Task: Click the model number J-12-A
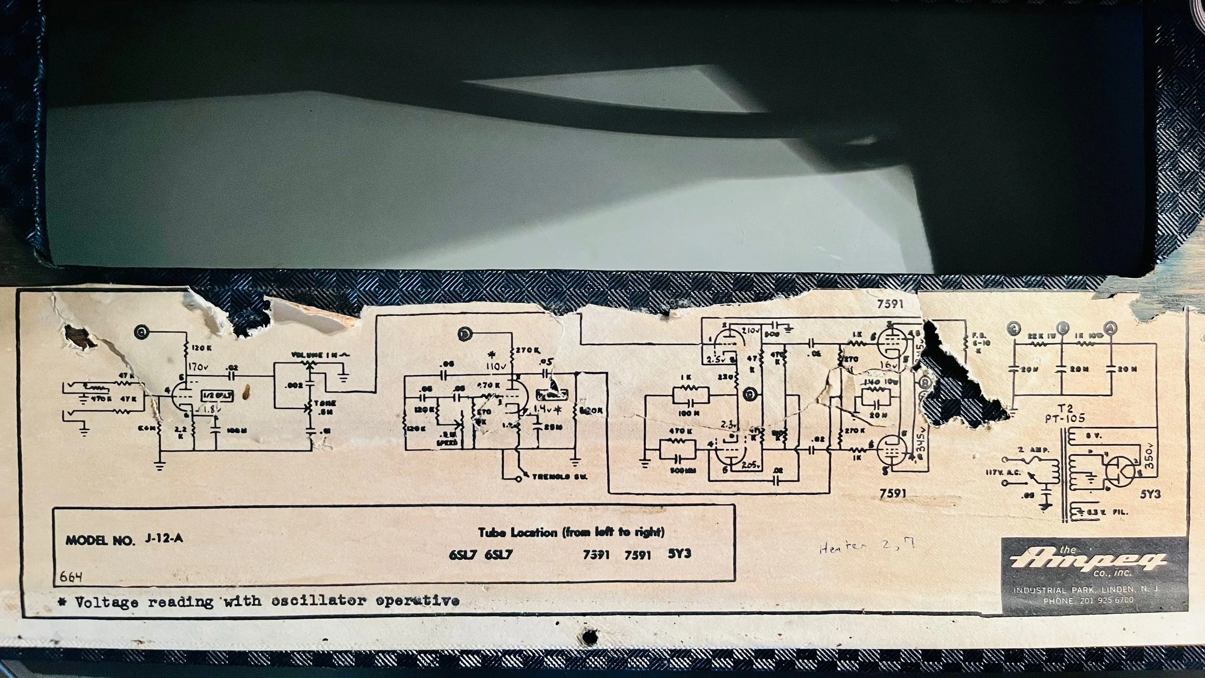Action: (x=163, y=539)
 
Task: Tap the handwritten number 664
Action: (x=72, y=577)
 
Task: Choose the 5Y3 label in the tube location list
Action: (x=679, y=554)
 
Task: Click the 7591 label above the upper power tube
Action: (x=890, y=304)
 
